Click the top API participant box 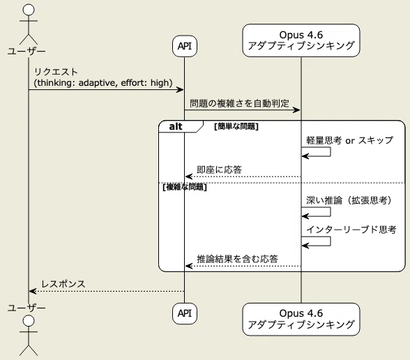click(x=185, y=46)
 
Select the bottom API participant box click(x=185, y=313)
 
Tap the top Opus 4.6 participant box click(x=301, y=40)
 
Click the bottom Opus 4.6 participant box click(x=301, y=320)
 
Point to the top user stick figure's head click(x=29, y=10)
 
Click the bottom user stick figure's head click(x=29, y=321)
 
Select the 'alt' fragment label click(x=176, y=127)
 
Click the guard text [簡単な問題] click(x=236, y=127)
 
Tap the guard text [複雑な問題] click(x=185, y=187)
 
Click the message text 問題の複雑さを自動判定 click(x=239, y=103)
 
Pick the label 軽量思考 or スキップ click(x=349, y=140)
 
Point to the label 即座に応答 click(x=219, y=170)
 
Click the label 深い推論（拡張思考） click(x=349, y=200)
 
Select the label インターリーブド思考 click(x=351, y=230)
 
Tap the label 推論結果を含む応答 click(x=237, y=259)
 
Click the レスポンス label click(x=63, y=284)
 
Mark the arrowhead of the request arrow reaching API click(x=181, y=90)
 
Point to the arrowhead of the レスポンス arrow click(x=32, y=291)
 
